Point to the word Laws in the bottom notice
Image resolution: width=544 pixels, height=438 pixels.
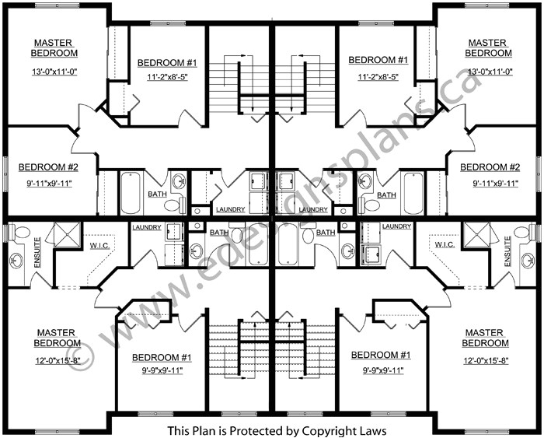pyautogui.click(x=368, y=430)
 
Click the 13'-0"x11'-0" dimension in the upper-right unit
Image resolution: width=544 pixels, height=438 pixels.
pyautogui.click(x=488, y=72)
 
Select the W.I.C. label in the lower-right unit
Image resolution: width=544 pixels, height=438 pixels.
pyautogui.click(x=445, y=244)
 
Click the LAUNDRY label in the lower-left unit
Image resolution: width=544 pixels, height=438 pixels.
pyautogui.click(x=147, y=226)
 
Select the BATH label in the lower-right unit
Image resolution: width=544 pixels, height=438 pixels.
pyautogui.click(x=326, y=232)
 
